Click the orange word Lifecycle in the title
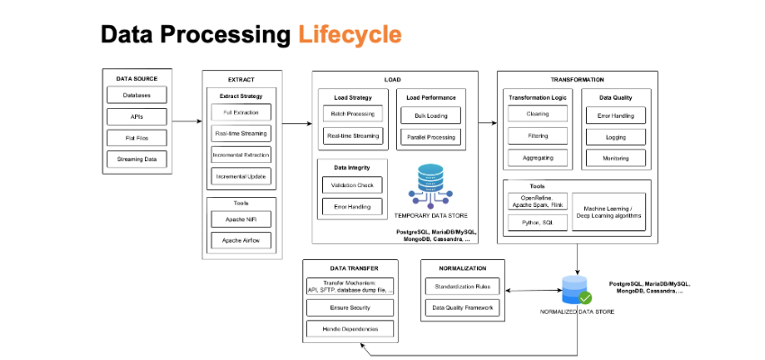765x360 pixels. tap(350, 34)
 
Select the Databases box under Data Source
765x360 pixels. tap(137, 95)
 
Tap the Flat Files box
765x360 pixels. tap(137, 138)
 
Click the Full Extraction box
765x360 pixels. tap(241, 112)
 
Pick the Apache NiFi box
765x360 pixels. tap(241, 220)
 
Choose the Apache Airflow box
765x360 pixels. tap(241, 240)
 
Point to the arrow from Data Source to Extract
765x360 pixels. tap(187, 121)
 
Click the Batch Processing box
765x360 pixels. tap(353, 113)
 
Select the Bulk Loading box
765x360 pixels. tap(431, 115)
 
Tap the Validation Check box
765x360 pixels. tap(352, 185)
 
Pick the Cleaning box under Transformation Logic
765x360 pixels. tap(537, 113)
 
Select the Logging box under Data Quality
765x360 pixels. tap(616, 137)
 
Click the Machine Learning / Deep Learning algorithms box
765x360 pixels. tap(609, 212)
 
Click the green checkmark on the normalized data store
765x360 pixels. tap(585, 298)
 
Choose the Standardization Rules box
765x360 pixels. tap(463, 286)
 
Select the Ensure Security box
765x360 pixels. tap(350, 308)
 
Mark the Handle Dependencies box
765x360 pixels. tap(350, 329)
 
